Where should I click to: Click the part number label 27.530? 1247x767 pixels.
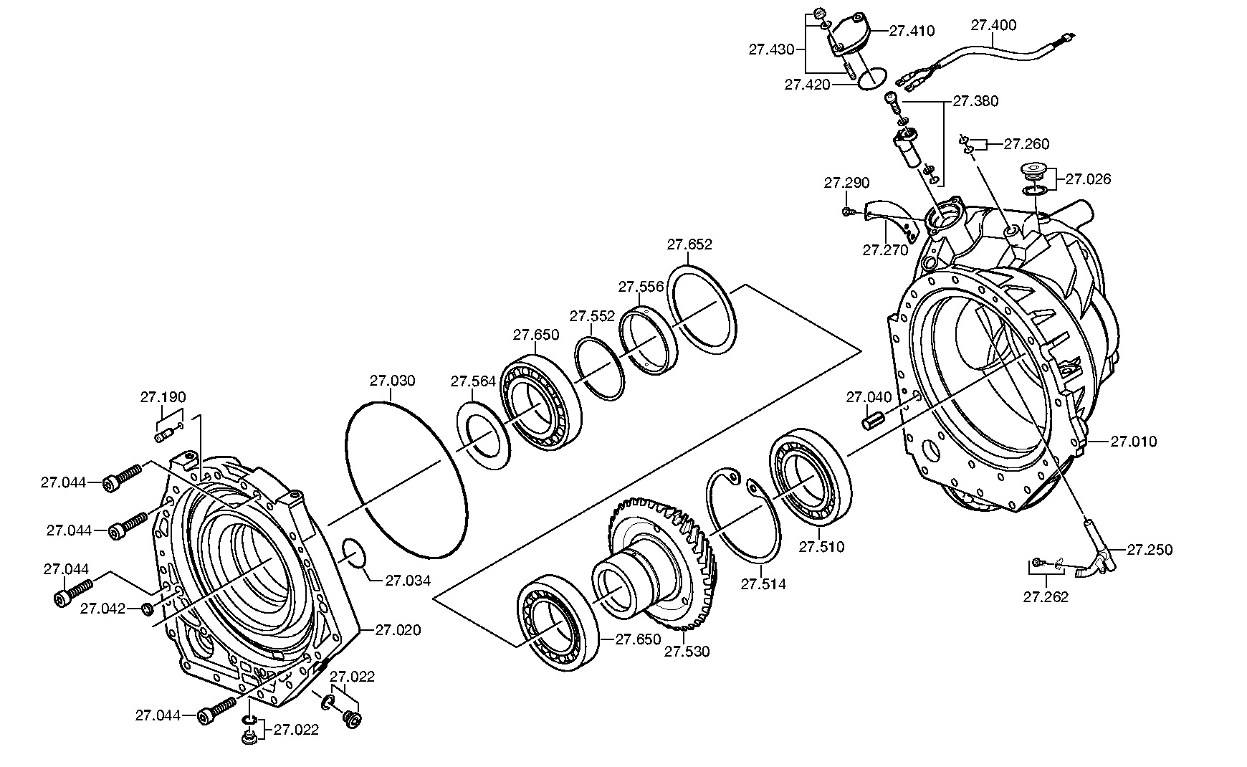tap(687, 652)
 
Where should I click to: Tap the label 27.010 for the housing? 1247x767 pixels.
tap(1134, 442)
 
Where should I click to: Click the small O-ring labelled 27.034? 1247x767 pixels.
tap(353, 553)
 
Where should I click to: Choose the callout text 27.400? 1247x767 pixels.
tap(993, 25)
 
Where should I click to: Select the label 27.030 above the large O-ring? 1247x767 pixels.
tap(393, 381)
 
